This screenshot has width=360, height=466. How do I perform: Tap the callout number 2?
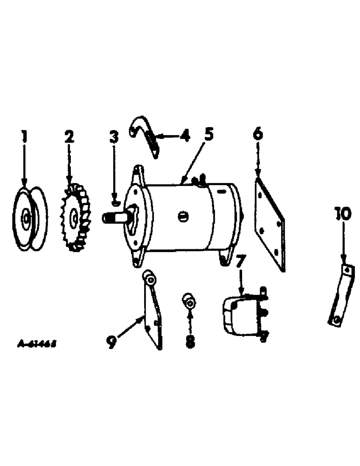click(x=69, y=137)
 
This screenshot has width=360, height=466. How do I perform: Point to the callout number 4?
click(x=186, y=136)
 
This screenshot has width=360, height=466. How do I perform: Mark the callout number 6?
click(x=258, y=134)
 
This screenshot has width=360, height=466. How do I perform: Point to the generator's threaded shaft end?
click(x=112, y=217)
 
